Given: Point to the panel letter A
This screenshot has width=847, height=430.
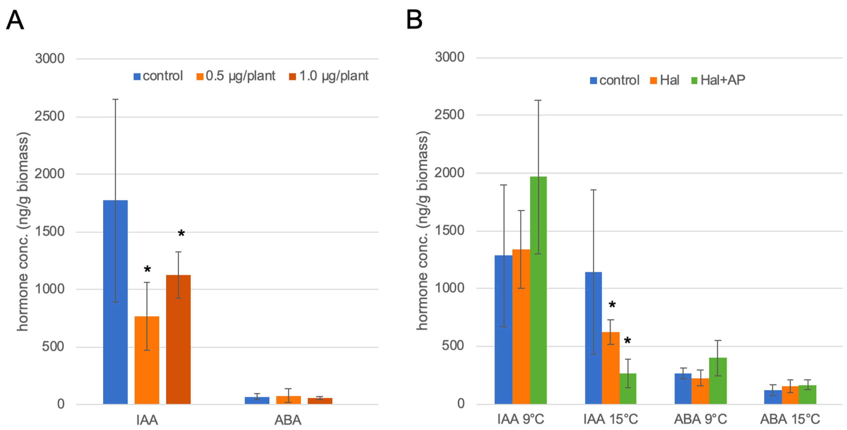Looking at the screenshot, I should point(15,20).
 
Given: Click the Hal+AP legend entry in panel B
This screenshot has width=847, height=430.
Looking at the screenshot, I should point(718,80).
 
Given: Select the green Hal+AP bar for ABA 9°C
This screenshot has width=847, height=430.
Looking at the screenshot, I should point(718,381).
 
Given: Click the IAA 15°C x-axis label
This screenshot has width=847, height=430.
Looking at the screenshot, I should point(611,419).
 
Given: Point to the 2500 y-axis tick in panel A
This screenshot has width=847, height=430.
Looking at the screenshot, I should point(49,116).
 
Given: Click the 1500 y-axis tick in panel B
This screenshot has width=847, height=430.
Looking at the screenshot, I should point(449,231).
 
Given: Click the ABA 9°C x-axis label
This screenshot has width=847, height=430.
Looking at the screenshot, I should point(700,419).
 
